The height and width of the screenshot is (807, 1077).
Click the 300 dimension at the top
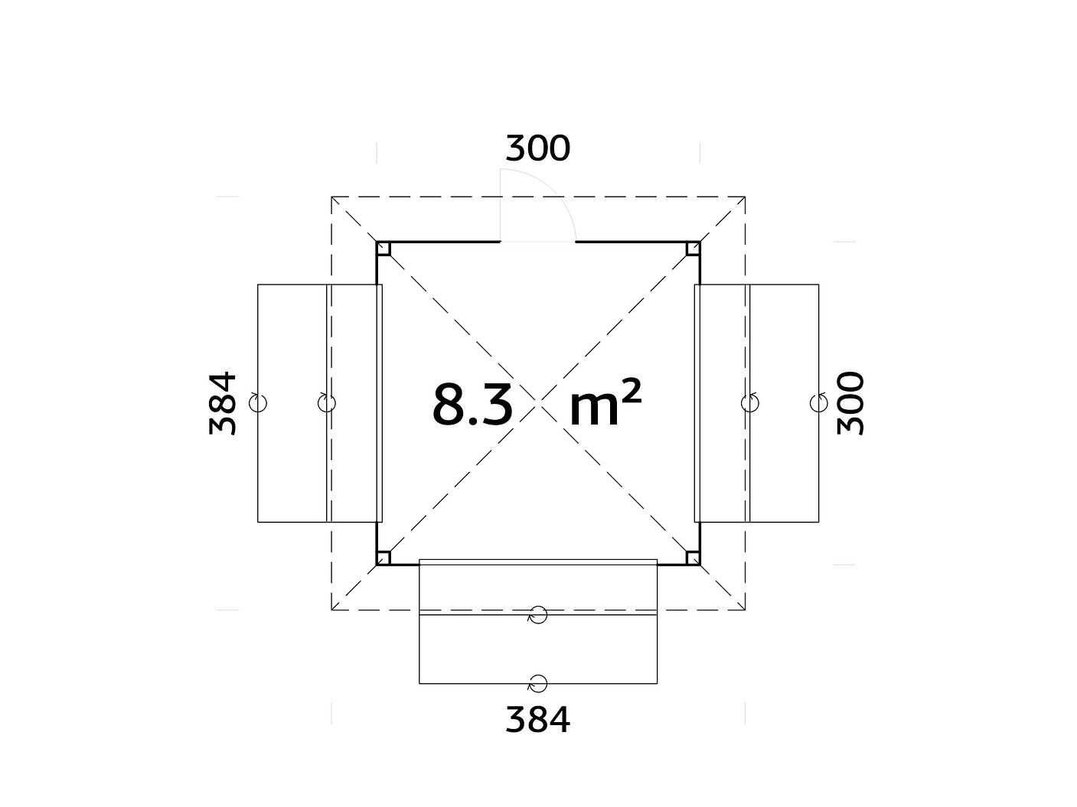[538, 148]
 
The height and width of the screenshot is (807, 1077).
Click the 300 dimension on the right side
[850, 404]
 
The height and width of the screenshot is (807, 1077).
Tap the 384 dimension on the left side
[222, 404]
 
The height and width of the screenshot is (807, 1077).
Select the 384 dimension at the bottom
[538, 719]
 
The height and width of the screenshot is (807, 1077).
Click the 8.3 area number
[472, 405]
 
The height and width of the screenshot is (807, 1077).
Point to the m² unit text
[605, 402]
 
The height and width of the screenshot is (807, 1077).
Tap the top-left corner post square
[383, 249]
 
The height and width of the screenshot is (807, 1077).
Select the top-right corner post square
[693, 249]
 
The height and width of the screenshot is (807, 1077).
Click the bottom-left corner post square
[383, 558]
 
